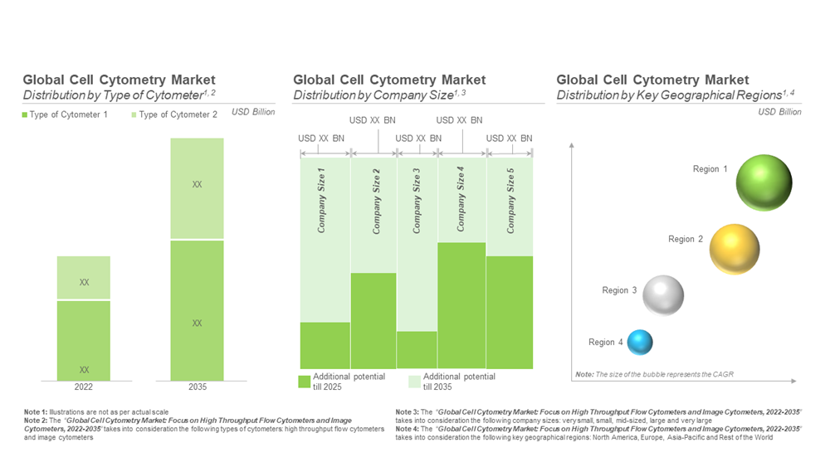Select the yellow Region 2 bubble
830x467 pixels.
click(735, 249)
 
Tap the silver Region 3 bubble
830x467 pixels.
click(663, 295)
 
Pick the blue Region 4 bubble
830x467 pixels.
click(640, 342)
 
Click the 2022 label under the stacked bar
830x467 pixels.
click(84, 387)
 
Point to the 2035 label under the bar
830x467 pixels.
click(197, 387)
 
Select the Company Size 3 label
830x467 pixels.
click(417, 200)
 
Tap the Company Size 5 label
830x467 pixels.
click(510, 200)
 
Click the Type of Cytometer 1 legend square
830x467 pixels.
click(25, 114)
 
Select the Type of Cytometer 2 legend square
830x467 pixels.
click(134, 114)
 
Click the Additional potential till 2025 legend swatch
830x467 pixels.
click(305, 382)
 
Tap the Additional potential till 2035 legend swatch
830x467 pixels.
click(416, 382)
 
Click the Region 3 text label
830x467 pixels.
click(619, 290)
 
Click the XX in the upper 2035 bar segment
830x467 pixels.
click(197, 184)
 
